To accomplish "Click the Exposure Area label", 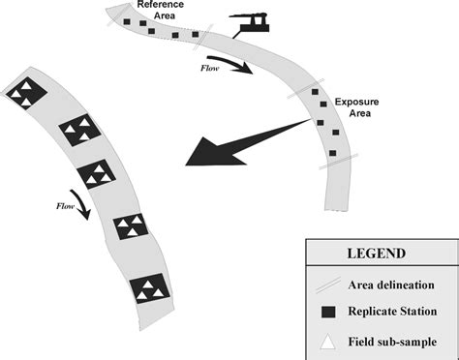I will pyautogui.click(x=356, y=106).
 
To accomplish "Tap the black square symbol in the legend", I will pyautogui.click(x=327, y=310).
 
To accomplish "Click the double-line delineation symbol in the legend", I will pyautogui.click(x=327, y=285).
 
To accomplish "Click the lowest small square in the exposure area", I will pyautogui.click(x=332, y=153).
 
